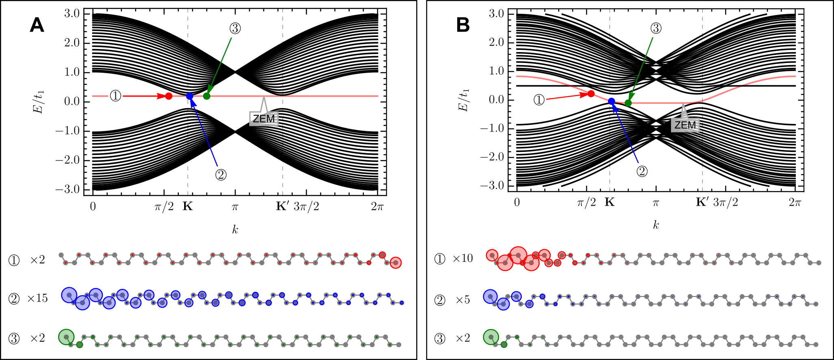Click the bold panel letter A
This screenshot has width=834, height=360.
click(x=37, y=26)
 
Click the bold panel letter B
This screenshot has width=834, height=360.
click(x=463, y=25)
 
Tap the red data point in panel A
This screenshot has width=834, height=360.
click(x=169, y=96)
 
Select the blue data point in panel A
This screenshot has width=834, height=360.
click(x=190, y=96)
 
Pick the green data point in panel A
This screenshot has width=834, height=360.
click(x=207, y=96)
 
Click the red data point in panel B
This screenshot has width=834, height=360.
click(x=591, y=94)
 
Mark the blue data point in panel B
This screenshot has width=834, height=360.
click(x=612, y=101)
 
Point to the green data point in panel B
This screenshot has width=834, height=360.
click(x=628, y=103)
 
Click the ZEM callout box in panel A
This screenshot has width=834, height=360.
click(x=264, y=119)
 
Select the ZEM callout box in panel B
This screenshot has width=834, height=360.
click(x=686, y=125)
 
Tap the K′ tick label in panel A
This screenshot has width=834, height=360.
click(x=282, y=206)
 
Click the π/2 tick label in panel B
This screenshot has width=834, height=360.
click(x=586, y=202)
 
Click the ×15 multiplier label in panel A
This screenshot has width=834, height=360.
click(x=37, y=299)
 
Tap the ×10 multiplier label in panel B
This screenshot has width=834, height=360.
click(x=463, y=258)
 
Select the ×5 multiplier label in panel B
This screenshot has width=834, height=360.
click(x=463, y=300)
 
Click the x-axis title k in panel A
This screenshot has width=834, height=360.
click(x=235, y=230)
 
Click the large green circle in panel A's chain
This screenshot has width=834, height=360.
click(x=66, y=337)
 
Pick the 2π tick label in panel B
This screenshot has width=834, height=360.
click(x=795, y=202)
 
